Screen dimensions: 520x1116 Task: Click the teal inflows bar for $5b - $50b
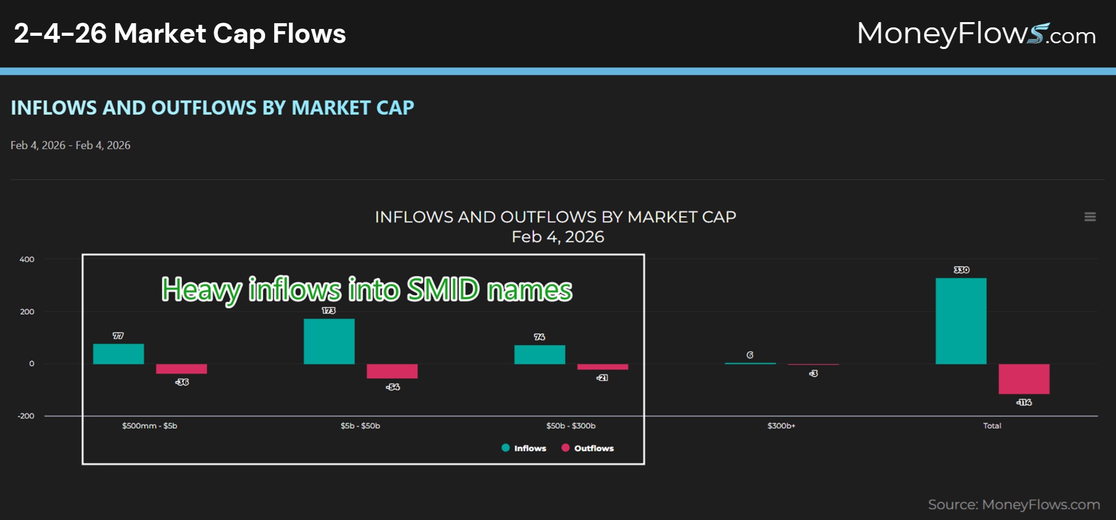point(329,341)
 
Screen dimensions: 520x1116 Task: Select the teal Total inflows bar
point(961,321)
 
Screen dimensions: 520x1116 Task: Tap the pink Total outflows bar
point(1024,379)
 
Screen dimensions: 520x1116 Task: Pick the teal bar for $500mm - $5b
point(118,354)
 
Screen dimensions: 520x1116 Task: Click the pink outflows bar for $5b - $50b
point(392,371)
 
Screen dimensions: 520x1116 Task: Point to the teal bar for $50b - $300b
point(539,355)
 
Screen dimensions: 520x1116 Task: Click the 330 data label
point(961,270)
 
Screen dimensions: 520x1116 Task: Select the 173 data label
point(328,310)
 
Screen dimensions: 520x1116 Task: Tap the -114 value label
point(1024,402)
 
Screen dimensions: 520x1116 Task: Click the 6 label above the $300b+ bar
point(750,355)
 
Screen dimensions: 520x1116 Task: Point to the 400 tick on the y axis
point(27,259)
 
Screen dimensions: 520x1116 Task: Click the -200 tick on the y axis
point(26,416)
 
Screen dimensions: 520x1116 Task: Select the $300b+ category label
point(781,426)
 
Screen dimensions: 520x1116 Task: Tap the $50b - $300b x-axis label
point(570,426)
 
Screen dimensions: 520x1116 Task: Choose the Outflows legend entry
point(588,448)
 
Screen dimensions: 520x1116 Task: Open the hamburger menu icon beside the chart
point(1090,217)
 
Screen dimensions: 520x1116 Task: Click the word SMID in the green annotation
point(443,289)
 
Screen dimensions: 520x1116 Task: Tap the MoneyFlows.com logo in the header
point(976,34)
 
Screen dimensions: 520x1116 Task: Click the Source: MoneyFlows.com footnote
point(1013,504)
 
